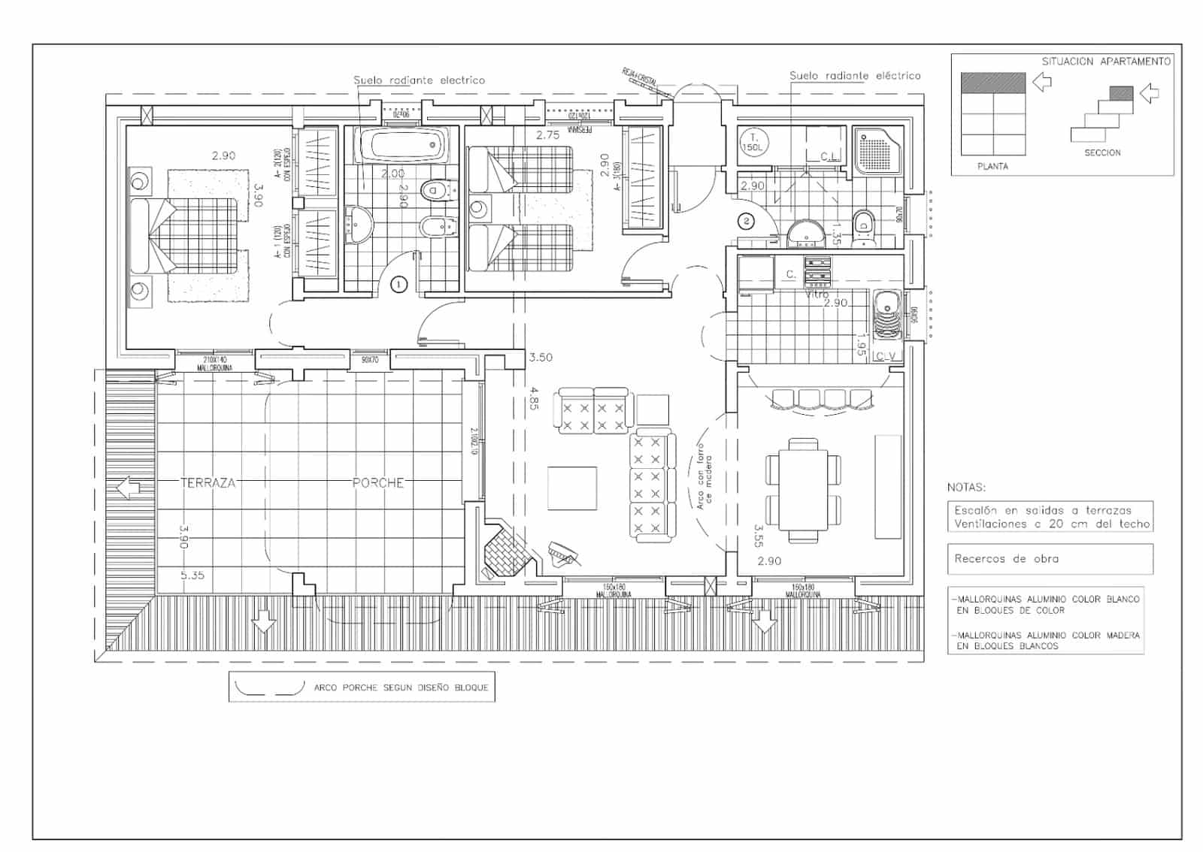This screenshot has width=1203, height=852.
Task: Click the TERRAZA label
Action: tap(208, 483)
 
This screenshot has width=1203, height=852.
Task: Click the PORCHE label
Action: tap(378, 483)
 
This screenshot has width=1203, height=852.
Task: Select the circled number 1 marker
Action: tap(399, 284)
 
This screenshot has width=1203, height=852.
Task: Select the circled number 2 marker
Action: tap(746, 221)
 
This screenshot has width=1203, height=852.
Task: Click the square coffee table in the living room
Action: tap(572, 488)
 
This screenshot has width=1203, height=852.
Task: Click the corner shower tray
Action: tap(877, 150)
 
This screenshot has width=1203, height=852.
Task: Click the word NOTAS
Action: tap(966, 488)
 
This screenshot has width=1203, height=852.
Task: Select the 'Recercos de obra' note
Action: tap(1006, 559)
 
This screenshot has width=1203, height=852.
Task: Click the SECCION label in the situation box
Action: tap(1102, 153)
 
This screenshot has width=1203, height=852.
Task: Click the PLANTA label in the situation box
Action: tap(992, 166)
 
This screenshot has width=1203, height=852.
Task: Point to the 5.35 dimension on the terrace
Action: tap(192, 576)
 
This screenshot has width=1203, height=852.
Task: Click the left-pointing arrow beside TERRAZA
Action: tap(129, 488)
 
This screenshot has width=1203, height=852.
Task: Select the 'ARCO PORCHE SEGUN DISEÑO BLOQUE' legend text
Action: tap(401, 687)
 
